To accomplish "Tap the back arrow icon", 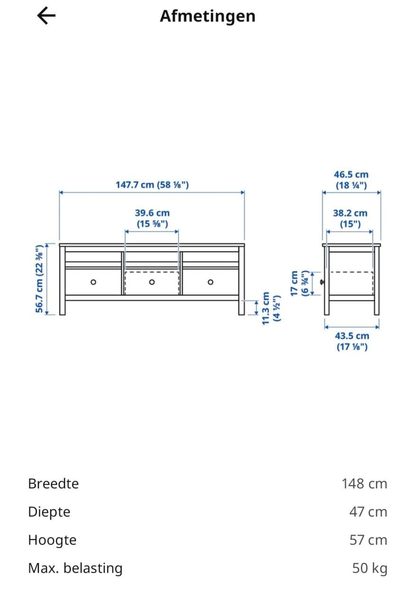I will (46, 16).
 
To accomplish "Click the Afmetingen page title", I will (207, 16).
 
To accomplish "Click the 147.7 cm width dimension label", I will (152, 184).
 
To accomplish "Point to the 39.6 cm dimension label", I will (152, 218).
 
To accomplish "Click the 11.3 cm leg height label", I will (272, 308).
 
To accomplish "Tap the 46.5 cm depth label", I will (351, 180).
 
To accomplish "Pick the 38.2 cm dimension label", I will (350, 218).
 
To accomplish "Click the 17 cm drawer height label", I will (300, 284).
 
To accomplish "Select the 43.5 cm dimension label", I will (351, 341).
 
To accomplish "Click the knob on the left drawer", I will (93, 282).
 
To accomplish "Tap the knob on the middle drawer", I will (152, 282).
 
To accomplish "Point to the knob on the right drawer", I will (210, 282).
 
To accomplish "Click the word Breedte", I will (53, 484).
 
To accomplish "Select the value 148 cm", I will (364, 484).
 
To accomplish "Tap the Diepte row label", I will (49, 512).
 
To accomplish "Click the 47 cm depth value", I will (368, 512).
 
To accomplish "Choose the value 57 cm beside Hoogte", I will (368, 540).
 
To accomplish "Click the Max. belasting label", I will (75, 568).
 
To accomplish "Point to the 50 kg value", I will (370, 568).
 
